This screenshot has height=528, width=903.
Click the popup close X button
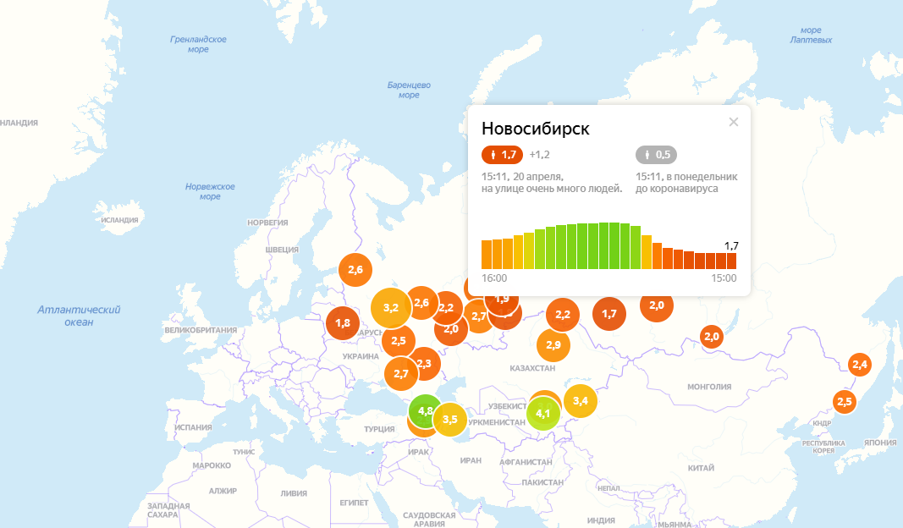pyautogui.click(x=734, y=122)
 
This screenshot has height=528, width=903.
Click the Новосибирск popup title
pyautogui.click(x=535, y=129)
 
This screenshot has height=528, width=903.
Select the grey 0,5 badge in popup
pyautogui.click(x=656, y=155)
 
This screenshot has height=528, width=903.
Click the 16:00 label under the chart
pyautogui.click(x=494, y=278)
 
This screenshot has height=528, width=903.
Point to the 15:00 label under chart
pyautogui.click(x=724, y=278)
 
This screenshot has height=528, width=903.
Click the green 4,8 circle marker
pyautogui.click(x=425, y=410)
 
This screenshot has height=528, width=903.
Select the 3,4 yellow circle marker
pyautogui.click(x=581, y=400)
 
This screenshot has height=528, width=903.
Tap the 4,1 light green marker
pyautogui.click(x=543, y=414)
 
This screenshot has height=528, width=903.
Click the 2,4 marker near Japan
pyautogui.click(x=860, y=365)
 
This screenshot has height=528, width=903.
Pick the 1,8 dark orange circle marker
pyautogui.click(x=343, y=323)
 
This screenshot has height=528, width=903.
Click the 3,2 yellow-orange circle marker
pyautogui.click(x=391, y=308)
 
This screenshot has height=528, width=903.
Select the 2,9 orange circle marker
pyautogui.click(x=553, y=344)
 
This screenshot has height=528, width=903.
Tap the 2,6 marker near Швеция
pyautogui.click(x=355, y=270)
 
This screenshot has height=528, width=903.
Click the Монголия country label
pyautogui.click(x=709, y=387)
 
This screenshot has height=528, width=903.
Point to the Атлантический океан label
pyautogui.click(x=79, y=316)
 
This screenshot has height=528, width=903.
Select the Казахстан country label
pyautogui.click(x=532, y=369)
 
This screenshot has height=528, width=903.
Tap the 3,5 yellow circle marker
pyautogui.click(x=449, y=420)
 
